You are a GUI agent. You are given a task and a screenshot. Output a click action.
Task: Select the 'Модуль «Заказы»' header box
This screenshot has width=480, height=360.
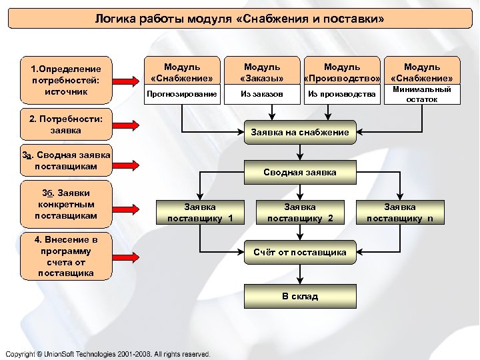tap(262, 71)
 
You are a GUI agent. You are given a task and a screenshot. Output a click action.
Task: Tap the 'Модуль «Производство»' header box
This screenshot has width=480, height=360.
tap(342, 71)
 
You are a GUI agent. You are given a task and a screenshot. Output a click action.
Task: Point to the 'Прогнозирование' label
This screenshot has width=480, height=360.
tap(182, 95)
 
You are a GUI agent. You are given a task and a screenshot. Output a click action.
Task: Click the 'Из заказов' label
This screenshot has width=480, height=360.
tap(262, 95)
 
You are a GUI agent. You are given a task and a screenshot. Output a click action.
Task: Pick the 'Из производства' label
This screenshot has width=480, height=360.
tap(342, 95)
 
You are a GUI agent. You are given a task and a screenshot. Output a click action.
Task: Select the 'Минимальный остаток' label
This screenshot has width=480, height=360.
tap(422, 94)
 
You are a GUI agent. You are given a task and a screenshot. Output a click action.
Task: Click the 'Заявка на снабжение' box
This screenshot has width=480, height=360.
tap(300, 132)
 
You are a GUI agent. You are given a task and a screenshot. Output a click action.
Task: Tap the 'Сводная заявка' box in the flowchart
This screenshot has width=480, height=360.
tap(300, 172)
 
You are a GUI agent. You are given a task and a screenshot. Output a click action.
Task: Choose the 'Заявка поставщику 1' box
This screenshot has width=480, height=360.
tap(200, 213)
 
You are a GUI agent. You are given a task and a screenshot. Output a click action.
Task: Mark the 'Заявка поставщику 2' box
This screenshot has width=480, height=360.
tap(300, 213)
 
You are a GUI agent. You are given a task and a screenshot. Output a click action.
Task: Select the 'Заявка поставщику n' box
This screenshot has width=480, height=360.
tap(400, 213)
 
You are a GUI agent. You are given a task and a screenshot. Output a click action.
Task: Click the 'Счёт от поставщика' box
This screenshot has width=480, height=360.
tap(300, 252)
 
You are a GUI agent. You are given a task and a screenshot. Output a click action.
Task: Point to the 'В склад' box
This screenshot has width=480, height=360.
tap(300, 296)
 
